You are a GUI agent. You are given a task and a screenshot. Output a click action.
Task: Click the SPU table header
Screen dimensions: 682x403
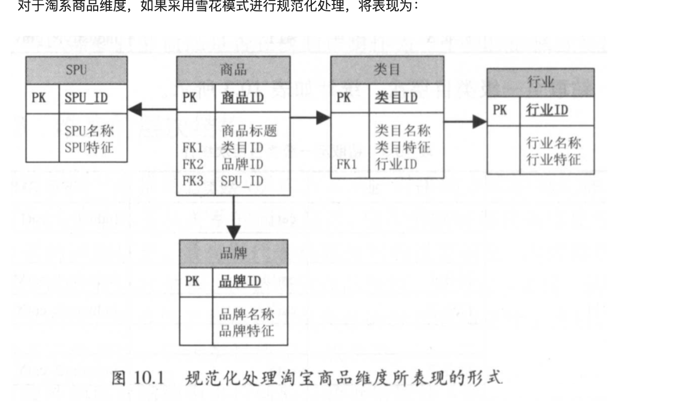[x=76, y=70]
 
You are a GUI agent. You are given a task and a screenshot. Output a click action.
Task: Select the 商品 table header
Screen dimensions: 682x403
[x=234, y=70]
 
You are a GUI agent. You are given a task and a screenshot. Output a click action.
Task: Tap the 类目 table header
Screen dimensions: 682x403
[x=388, y=70]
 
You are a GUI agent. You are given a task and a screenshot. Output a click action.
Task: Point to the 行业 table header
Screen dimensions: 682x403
[x=541, y=82]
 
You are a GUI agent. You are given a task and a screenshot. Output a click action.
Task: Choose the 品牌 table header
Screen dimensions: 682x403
[x=234, y=254]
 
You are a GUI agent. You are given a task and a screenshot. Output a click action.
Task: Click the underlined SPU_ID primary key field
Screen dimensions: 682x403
[x=86, y=98]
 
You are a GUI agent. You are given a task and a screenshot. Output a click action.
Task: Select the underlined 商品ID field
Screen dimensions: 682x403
[x=242, y=98]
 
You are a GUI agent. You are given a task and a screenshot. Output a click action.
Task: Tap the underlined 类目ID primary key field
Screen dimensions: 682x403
[x=396, y=98]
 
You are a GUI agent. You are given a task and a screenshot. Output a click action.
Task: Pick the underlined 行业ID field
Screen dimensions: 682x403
[x=547, y=110]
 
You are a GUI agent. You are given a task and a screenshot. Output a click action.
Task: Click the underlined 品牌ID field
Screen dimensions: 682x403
[x=240, y=281]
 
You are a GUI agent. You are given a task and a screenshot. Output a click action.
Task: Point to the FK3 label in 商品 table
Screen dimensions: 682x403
[x=193, y=181]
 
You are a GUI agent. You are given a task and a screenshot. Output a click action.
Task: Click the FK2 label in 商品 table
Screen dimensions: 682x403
[x=193, y=165]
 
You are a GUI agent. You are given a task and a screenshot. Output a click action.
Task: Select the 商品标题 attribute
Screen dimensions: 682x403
[x=249, y=131]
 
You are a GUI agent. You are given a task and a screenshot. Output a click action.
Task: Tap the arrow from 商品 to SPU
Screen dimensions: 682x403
[x=152, y=109]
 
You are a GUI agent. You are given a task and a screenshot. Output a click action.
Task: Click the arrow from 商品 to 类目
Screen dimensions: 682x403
[x=310, y=118]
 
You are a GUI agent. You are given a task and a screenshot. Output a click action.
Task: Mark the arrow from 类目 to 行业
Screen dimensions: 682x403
[x=465, y=122]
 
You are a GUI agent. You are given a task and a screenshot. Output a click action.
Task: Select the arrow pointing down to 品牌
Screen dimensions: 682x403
[x=234, y=217]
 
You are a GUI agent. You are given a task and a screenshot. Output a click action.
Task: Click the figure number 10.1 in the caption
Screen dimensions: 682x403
[x=149, y=378]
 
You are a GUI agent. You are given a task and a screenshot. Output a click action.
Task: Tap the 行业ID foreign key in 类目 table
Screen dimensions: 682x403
[x=396, y=165]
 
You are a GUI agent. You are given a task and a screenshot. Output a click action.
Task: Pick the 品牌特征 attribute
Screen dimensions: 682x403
[x=246, y=331]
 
